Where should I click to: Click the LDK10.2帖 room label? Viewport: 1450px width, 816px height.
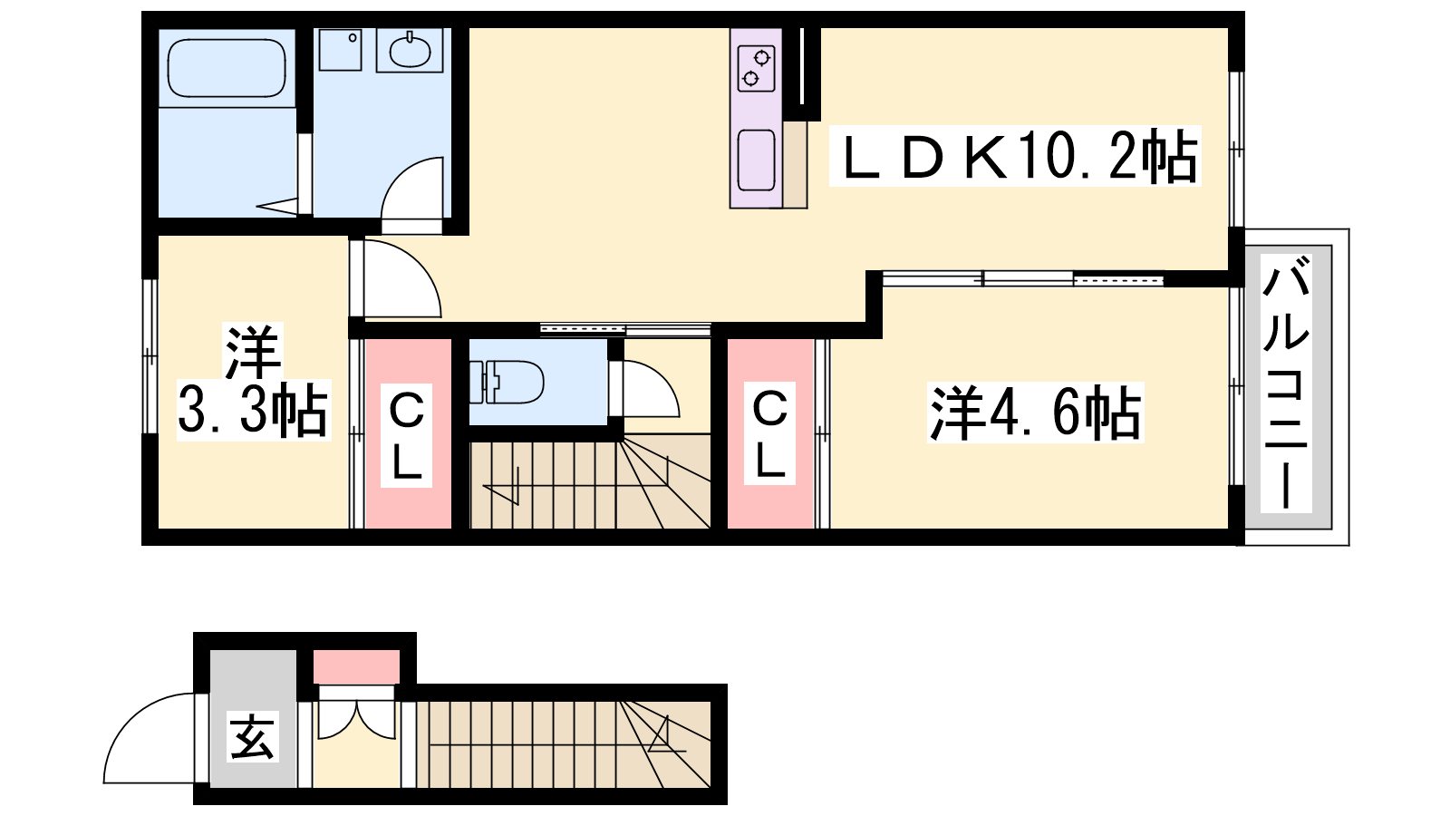1015,156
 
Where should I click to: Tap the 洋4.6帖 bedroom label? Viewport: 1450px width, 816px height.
1036,413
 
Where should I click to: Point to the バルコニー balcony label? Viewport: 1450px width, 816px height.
1287,383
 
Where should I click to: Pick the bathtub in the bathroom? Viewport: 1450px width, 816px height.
227,68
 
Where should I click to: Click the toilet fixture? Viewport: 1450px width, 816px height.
507,382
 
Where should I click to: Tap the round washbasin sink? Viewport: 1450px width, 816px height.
409,51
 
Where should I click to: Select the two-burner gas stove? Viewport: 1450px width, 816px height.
756,68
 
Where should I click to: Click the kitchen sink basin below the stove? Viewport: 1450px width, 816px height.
756,160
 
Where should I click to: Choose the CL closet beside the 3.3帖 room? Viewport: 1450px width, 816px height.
408,432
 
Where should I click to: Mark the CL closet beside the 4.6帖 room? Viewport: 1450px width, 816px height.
769,432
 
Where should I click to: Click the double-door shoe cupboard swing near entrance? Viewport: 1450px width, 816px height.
356,719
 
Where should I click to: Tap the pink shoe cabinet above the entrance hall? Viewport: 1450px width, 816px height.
357,666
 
